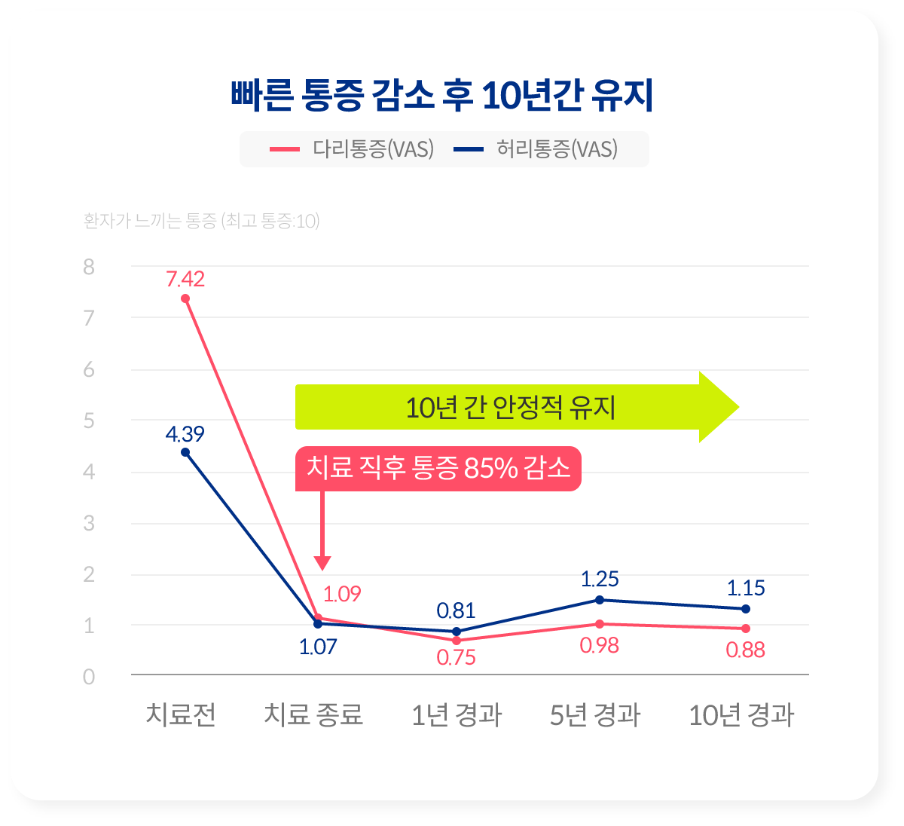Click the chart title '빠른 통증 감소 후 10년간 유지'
pos(441,96)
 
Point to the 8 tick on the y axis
pos(90,267)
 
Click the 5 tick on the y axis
pos(90,421)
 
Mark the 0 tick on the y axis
pos(90,677)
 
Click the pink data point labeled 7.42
pos(185,298)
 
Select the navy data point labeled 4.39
pos(185,452)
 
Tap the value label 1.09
pos(342,594)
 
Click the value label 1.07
pos(318,647)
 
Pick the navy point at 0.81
pos(457,632)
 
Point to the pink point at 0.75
pos(457,640)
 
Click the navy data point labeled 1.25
pos(600,600)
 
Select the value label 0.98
pos(600,646)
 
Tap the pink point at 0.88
pos(746,629)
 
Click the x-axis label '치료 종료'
pos(313,714)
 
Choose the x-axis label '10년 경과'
pos(741,714)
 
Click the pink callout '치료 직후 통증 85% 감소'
pos(438,469)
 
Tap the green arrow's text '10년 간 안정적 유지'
pos(511,408)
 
